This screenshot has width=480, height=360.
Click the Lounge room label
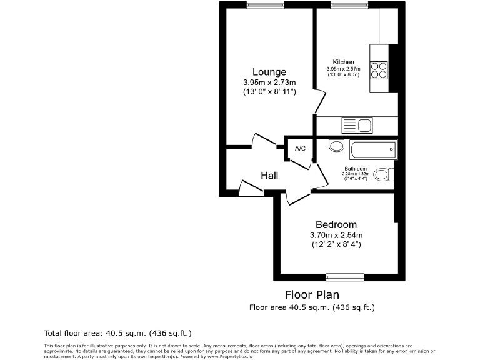269,72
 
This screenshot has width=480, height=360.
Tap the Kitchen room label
343,62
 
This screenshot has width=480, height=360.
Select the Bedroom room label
336,225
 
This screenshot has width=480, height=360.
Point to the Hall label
269,176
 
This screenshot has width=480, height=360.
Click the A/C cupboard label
300,148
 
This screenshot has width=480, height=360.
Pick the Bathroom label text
356,169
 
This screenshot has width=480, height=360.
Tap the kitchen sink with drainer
357,126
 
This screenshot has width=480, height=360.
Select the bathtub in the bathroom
372,149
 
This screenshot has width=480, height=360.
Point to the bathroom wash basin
336,146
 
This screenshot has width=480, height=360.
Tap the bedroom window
344,276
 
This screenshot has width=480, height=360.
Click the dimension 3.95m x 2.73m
269,82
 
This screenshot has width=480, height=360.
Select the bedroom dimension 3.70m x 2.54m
336,235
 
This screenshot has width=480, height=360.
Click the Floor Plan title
312,294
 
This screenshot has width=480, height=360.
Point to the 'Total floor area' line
117,334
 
